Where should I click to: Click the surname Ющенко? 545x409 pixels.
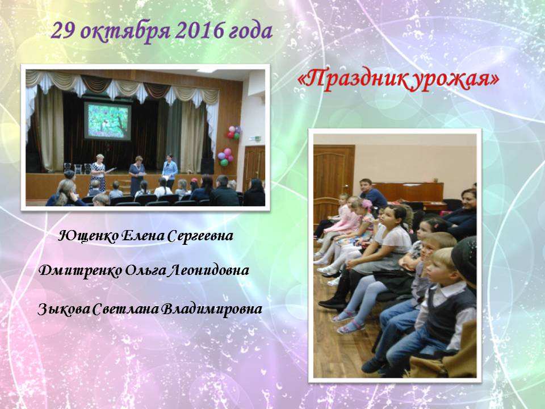click(x=87, y=236)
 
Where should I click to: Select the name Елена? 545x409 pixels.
click(x=142, y=236)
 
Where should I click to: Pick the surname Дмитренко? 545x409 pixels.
click(x=80, y=270)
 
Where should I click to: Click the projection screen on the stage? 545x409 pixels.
click(x=107, y=120)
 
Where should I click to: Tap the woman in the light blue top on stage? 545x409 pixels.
click(x=170, y=171)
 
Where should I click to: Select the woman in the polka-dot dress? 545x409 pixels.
click(x=98, y=172)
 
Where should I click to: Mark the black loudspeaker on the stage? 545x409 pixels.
click(x=207, y=166)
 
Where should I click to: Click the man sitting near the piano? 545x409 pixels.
click(x=371, y=193)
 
